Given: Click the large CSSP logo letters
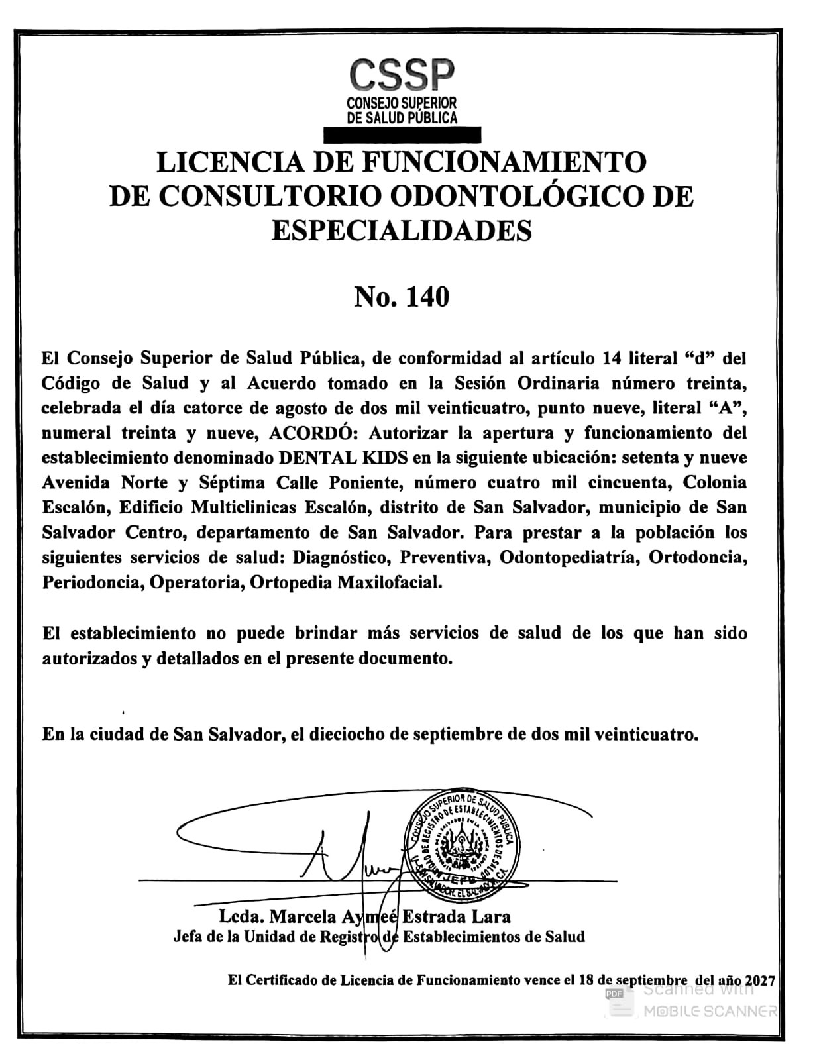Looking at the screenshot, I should point(402,75).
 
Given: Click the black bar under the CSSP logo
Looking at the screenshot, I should point(402,134).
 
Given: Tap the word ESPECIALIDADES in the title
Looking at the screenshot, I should point(402,231).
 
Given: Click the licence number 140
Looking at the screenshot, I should point(427,297).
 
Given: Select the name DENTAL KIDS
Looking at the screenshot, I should point(345,458).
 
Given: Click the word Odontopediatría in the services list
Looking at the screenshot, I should point(569,558).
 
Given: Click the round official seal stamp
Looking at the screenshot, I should point(462,844).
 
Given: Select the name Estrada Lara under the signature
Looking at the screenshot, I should point(457,917).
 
